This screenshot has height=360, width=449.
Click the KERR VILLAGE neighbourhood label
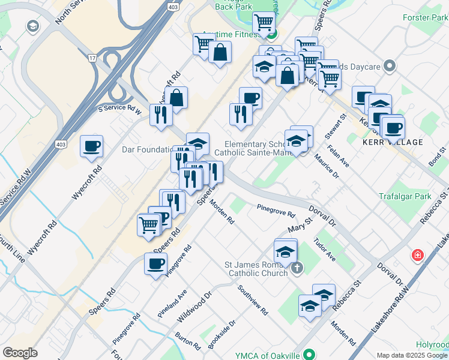coord(393,142)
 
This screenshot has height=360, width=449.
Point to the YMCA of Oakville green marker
coord(309,353)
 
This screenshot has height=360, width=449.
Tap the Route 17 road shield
coord(92,58)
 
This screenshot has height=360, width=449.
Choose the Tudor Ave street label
coord(324,248)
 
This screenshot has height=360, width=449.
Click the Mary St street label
coord(301,226)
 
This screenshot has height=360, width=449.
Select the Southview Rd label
coord(252,300)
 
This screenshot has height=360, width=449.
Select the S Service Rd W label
coord(120,109)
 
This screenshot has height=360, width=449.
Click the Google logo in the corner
coord(20,353)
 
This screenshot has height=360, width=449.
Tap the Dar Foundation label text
coord(146,149)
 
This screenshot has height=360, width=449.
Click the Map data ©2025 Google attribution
coord(411,355)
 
